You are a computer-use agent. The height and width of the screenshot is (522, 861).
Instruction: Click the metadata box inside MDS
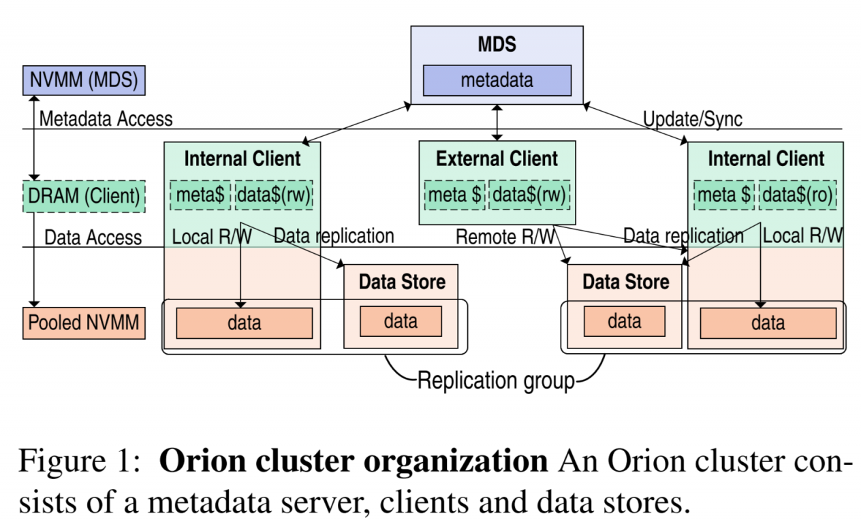pos(497,80)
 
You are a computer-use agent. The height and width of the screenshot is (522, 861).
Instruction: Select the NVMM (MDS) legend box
pos(84,80)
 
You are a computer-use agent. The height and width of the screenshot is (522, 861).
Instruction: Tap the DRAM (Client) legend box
pos(84,197)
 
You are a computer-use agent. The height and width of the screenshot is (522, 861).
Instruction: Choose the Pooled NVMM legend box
pos(84,323)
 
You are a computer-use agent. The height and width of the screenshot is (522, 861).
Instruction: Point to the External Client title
pos(497,159)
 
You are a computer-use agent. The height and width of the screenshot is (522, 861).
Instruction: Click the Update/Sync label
pos(693,119)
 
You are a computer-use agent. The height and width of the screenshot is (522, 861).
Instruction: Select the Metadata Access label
pos(106,119)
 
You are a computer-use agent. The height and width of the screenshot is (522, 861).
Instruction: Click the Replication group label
pos(496,380)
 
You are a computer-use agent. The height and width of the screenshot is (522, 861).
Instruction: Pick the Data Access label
pos(93,237)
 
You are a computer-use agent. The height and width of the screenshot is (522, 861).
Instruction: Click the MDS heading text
pos(497,45)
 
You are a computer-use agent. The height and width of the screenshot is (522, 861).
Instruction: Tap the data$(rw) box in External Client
pos(529,195)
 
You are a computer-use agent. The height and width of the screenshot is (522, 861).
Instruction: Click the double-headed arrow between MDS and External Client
pos(498,123)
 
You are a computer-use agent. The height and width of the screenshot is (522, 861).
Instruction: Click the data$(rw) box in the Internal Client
pos(275,195)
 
